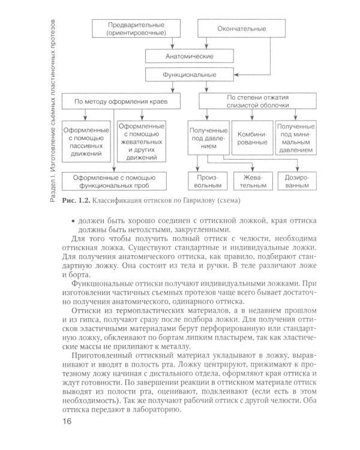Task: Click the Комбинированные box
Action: point(251,139)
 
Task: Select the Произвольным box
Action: point(207,182)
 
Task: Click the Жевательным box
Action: point(251,182)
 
